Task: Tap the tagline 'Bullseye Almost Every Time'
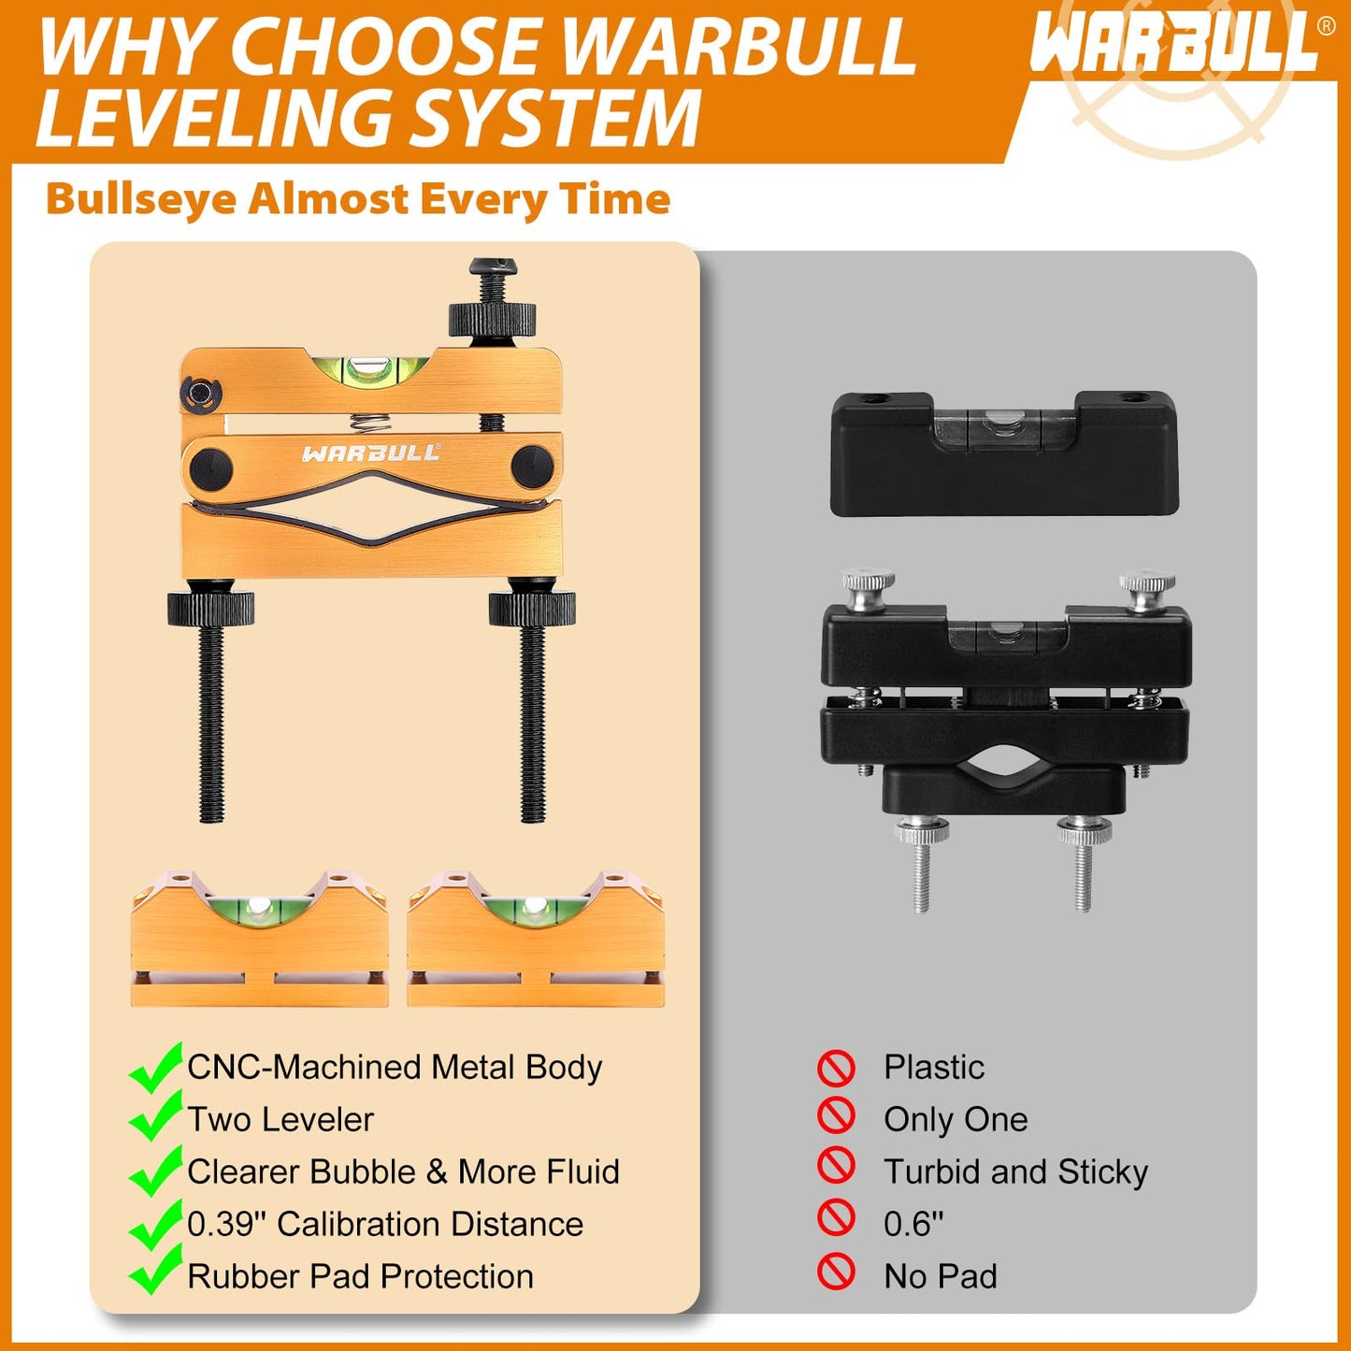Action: (x=358, y=199)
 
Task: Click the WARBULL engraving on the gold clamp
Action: (x=370, y=453)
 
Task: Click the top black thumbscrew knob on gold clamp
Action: (x=492, y=318)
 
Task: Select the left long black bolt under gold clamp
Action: (x=211, y=720)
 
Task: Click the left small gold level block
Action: (x=259, y=940)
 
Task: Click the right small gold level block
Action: (x=535, y=940)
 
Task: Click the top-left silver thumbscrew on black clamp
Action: (x=868, y=590)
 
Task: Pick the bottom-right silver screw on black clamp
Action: (x=1083, y=865)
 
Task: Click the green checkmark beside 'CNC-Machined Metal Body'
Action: (x=155, y=1068)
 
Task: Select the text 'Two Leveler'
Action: (x=280, y=1119)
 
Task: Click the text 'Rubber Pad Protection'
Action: (x=360, y=1276)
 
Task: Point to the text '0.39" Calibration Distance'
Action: (x=385, y=1224)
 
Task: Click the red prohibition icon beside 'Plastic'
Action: (x=836, y=1067)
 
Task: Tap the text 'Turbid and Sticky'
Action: (x=1015, y=1171)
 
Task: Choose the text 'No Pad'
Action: (x=941, y=1276)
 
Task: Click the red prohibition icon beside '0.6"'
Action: (x=836, y=1218)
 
